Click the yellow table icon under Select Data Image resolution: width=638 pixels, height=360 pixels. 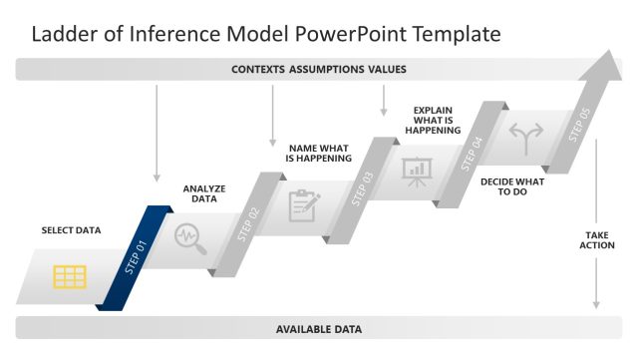pos(70,276)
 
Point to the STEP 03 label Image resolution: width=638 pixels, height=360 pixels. pos(363,187)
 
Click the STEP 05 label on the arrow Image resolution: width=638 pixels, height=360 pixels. pos(579,125)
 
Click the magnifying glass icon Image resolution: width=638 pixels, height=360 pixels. pos(188,238)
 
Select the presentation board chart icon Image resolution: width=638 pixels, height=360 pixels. pos(416,171)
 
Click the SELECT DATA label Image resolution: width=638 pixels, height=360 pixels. pos(71,230)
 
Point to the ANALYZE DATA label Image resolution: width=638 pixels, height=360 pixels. pos(204,192)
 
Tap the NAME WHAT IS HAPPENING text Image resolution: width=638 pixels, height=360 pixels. pos(318,153)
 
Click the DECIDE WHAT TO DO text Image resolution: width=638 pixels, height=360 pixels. pos(512,186)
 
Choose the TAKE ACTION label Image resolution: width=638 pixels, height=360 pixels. pos(598,239)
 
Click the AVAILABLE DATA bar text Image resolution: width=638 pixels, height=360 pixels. pos(318,328)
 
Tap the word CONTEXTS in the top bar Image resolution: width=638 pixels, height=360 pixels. pos(258,70)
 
